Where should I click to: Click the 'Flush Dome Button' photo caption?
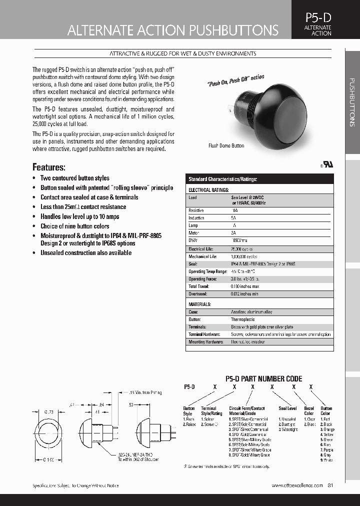coord(226,145)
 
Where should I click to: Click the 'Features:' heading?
coord(49,167)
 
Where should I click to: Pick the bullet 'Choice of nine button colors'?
coord(74,226)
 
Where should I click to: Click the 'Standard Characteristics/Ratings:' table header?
coord(222,179)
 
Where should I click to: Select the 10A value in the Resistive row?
coord(234,211)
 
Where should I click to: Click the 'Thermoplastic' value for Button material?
coord(242,319)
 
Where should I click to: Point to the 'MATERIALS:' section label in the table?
coord(199,304)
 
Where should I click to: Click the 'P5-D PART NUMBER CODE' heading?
coord(263,379)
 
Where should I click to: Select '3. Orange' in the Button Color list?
coord(327,429)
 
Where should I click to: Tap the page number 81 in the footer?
coord(330,485)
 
